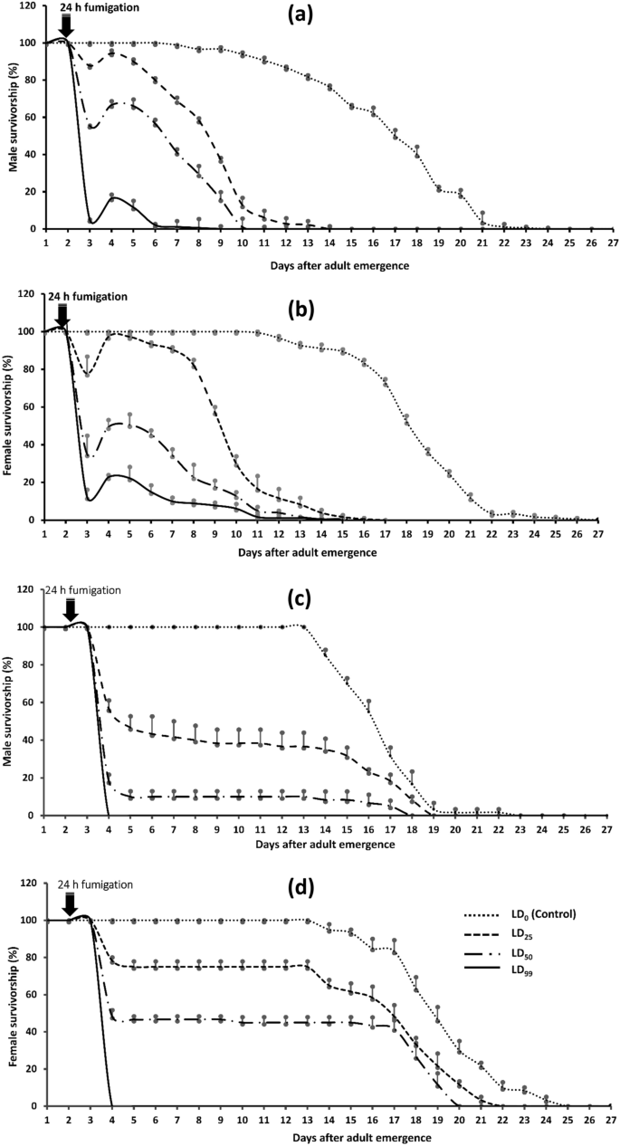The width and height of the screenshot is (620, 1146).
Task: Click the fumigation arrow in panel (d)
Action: coord(69,904)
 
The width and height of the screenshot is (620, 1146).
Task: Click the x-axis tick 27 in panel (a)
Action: coord(612,243)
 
